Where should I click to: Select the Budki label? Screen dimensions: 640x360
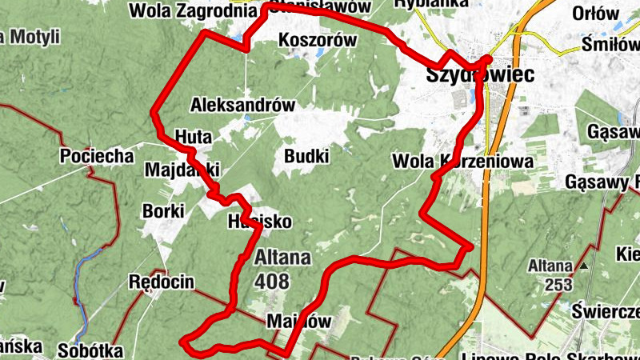(306, 155)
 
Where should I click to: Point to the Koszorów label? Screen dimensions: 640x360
(315, 40)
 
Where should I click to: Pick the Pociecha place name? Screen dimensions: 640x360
(96, 156)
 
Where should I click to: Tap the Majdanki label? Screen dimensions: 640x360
(182, 170)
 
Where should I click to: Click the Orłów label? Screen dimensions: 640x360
(597, 14)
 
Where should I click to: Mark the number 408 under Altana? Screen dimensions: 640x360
(274, 281)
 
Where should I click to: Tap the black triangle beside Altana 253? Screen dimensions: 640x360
(584, 266)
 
